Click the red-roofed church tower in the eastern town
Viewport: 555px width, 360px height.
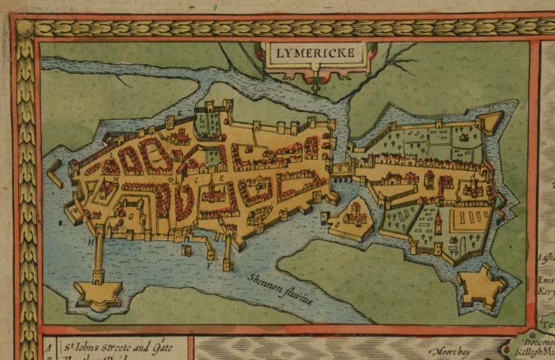pos(439,224)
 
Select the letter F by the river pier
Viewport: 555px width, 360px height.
pos(208,265)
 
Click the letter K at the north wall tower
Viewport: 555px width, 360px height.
pos(180,114)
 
